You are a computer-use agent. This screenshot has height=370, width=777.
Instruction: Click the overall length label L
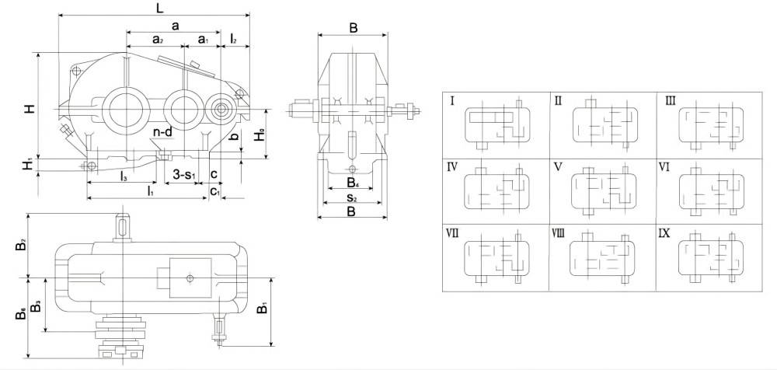coord(158,8)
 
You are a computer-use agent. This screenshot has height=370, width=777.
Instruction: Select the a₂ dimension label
coord(157,39)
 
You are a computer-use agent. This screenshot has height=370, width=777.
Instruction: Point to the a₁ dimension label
coord(203,39)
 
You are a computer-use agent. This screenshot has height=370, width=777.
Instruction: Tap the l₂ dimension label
coord(234,39)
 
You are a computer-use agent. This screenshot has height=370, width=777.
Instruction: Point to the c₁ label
coord(214,190)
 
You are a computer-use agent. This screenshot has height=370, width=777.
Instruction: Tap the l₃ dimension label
coord(124,177)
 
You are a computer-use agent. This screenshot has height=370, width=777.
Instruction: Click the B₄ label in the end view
coord(353,184)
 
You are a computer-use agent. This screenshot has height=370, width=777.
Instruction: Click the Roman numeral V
coord(558,166)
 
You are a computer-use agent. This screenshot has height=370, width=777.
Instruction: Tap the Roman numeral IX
coord(664,232)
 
